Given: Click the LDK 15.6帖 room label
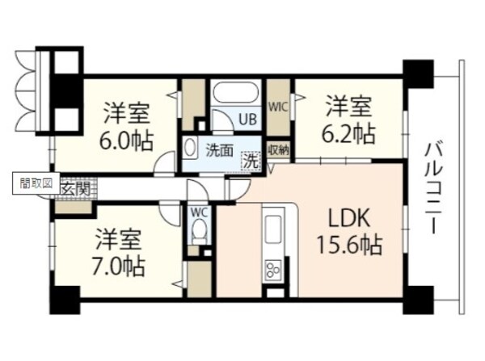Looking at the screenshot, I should pyautogui.click(x=349, y=231).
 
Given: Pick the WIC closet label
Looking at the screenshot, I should pyautogui.click(x=278, y=106).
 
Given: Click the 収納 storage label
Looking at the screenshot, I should pyautogui.click(x=279, y=149).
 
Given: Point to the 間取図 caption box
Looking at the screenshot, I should pyautogui.click(x=36, y=183).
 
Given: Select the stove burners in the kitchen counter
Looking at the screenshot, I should pyautogui.click(x=273, y=268).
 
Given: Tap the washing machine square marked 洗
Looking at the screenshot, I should pyautogui.click(x=251, y=160).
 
